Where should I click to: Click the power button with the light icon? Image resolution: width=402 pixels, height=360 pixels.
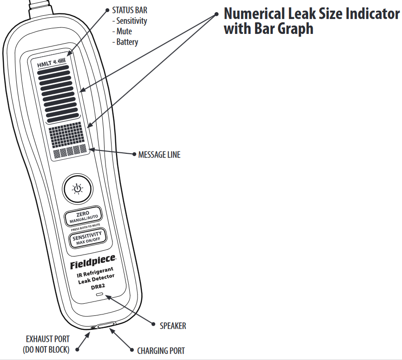point(78,188)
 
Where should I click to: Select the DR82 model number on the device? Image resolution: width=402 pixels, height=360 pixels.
point(98,287)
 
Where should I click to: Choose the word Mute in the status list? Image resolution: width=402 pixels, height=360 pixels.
point(124,32)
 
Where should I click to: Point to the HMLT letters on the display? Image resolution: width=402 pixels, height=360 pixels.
point(45,65)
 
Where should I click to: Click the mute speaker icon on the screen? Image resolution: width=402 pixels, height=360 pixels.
point(56,63)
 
